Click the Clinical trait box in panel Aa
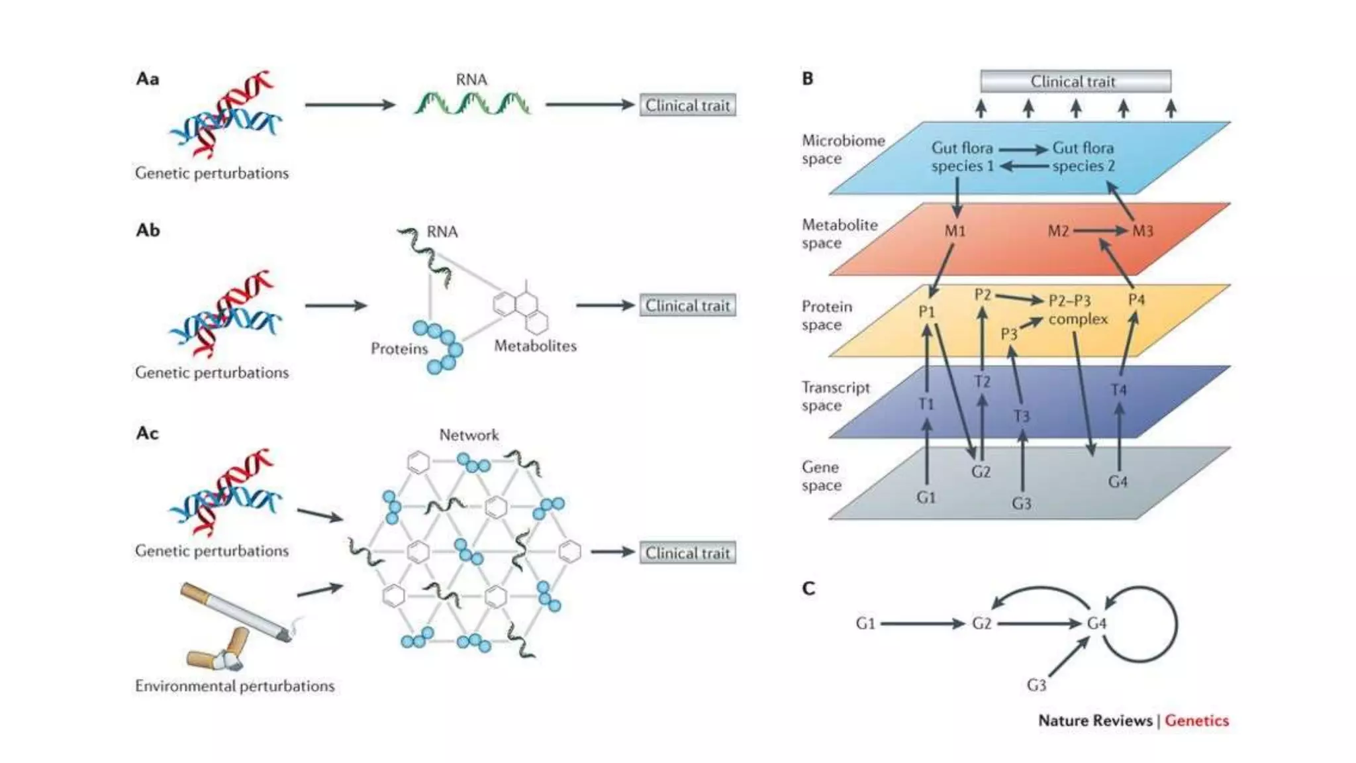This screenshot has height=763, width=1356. pyautogui.click(x=687, y=105)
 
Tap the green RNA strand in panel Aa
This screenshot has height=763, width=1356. pyautogui.click(x=471, y=104)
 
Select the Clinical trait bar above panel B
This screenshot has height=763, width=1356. pyautogui.click(x=1075, y=81)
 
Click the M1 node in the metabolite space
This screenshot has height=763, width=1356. pyautogui.click(x=955, y=231)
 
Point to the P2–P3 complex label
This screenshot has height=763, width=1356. pyautogui.click(x=1077, y=310)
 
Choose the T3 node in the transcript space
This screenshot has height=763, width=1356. pyautogui.click(x=1021, y=416)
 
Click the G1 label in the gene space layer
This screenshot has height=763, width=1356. pyautogui.click(x=926, y=497)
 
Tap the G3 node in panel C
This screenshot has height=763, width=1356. pyautogui.click(x=1036, y=685)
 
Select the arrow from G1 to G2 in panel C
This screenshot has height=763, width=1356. pyautogui.click(x=922, y=623)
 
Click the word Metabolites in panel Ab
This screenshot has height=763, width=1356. pyautogui.click(x=535, y=346)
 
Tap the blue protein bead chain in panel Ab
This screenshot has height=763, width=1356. pyautogui.click(x=441, y=345)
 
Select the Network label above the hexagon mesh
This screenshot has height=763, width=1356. pyautogui.click(x=469, y=435)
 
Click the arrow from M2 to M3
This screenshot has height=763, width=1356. pyautogui.click(x=1100, y=230)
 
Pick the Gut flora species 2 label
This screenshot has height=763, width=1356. pyautogui.click(x=1083, y=157)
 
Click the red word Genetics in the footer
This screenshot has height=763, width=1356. pyautogui.click(x=1196, y=721)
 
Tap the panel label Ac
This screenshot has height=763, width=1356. pyautogui.click(x=147, y=433)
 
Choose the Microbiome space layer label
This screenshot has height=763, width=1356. pyautogui.click(x=842, y=150)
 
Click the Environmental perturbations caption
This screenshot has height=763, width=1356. pyautogui.click(x=234, y=686)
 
